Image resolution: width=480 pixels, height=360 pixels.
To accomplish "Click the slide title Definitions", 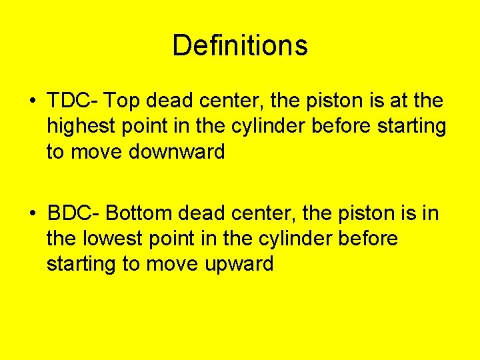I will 240,46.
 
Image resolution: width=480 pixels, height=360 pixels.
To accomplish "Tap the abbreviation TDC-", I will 73,101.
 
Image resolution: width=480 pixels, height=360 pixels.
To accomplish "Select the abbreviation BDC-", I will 73,213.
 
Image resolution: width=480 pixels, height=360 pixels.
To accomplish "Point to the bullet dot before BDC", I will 32,214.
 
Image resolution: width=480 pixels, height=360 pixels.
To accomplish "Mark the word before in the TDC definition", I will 364,127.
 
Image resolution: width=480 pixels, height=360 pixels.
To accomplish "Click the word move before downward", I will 97,152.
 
